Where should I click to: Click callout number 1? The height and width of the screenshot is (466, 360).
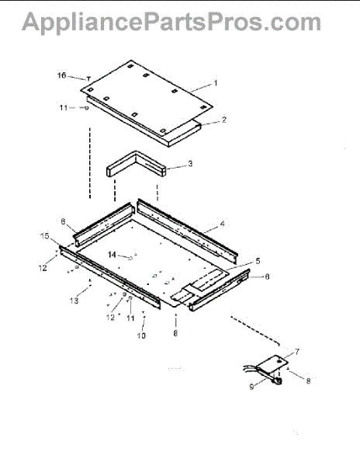(216, 83)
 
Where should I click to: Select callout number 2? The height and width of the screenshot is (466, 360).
(223, 120)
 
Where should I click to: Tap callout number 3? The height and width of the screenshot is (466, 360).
(190, 163)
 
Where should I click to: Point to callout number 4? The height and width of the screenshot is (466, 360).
(223, 224)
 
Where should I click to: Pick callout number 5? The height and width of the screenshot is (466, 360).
(258, 261)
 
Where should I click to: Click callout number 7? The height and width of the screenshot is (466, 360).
(297, 352)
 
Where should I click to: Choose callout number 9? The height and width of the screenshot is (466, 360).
(251, 387)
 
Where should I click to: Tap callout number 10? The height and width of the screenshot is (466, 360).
(141, 336)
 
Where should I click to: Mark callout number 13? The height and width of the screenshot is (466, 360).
(74, 301)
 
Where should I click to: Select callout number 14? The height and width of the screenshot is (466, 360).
(112, 255)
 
